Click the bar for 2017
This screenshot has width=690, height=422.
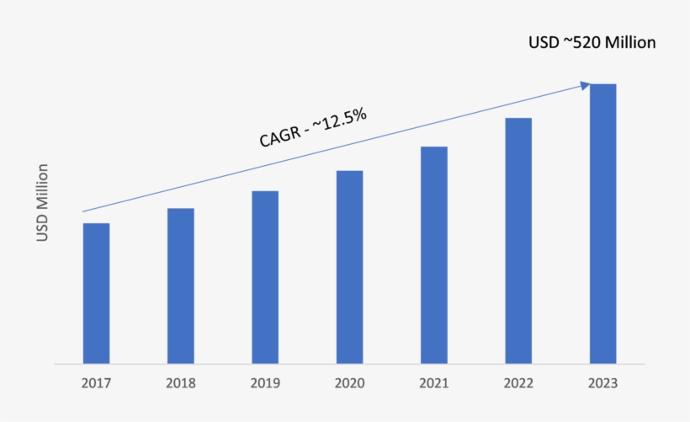coord(96,293)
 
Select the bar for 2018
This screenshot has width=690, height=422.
coord(180,286)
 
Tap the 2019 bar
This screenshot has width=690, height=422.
coord(264,277)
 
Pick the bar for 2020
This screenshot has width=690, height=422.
coord(349,267)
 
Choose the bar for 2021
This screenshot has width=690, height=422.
coord(434,255)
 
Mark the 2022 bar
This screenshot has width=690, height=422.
coord(518,241)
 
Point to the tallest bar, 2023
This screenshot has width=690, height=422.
coord(602,224)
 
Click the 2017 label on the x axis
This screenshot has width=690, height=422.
coord(96,383)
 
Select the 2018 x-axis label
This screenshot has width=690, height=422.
coord(180,383)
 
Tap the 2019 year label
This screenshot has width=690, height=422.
coord(264,383)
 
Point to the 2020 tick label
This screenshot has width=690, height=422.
coord(349,383)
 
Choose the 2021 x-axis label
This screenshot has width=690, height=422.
coord(434,383)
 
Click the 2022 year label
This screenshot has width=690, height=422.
coord(518,383)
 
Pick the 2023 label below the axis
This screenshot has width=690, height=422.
coord(602,383)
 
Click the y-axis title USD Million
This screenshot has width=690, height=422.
coord(43,203)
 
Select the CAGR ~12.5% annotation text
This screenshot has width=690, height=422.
coord(312,128)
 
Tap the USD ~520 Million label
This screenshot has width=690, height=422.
coord(592,42)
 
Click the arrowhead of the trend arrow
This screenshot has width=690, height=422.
coord(584,84)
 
